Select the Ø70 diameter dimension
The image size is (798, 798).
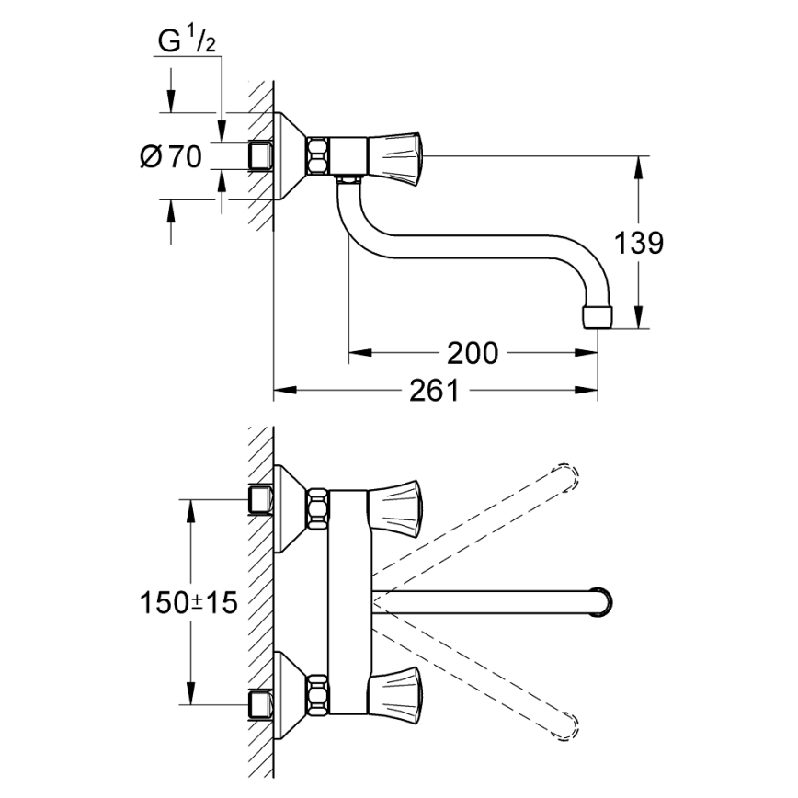(172, 157)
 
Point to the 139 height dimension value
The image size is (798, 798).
(638, 243)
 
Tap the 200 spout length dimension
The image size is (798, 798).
(472, 352)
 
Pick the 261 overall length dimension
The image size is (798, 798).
(434, 391)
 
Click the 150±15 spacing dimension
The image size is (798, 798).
(188, 603)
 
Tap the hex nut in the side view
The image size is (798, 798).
(318, 155)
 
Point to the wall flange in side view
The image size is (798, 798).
(291, 155)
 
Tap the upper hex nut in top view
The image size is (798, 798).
(318, 508)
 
